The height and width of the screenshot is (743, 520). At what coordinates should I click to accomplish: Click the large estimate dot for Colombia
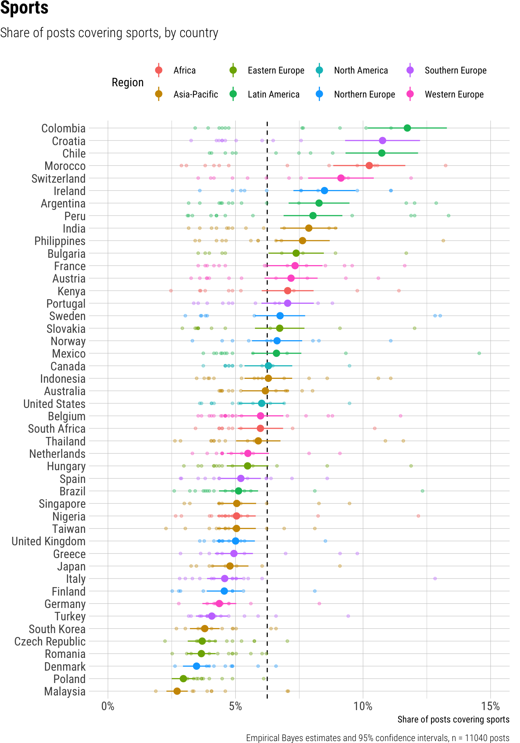(x=407, y=128)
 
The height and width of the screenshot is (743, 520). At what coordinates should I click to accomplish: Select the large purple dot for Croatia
(x=382, y=140)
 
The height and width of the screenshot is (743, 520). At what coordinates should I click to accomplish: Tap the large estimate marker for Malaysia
(x=177, y=691)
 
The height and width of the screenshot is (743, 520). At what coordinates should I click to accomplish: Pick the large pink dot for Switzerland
(x=341, y=178)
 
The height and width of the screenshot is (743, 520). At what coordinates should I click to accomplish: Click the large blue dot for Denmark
(x=197, y=666)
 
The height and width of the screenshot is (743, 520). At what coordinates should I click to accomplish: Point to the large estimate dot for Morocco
(x=369, y=166)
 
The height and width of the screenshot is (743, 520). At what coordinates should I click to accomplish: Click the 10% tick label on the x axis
(x=363, y=707)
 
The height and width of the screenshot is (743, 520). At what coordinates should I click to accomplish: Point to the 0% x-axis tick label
(x=108, y=707)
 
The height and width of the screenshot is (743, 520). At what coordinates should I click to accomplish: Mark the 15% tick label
(x=491, y=707)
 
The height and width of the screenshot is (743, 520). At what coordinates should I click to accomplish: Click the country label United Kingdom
(x=48, y=541)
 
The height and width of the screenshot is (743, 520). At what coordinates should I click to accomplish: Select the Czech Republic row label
(x=50, y=642)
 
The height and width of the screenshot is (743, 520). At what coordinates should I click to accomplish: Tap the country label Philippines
(x=60, y=241)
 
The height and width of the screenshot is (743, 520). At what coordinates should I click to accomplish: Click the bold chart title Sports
(x=24, y=9)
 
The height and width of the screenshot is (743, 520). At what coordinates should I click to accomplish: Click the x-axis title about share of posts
(x=453, y=719)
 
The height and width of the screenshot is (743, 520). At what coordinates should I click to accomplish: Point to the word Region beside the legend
(x=128, y=82)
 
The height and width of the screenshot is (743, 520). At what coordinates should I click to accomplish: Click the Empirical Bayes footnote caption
(x=378, y=738)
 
